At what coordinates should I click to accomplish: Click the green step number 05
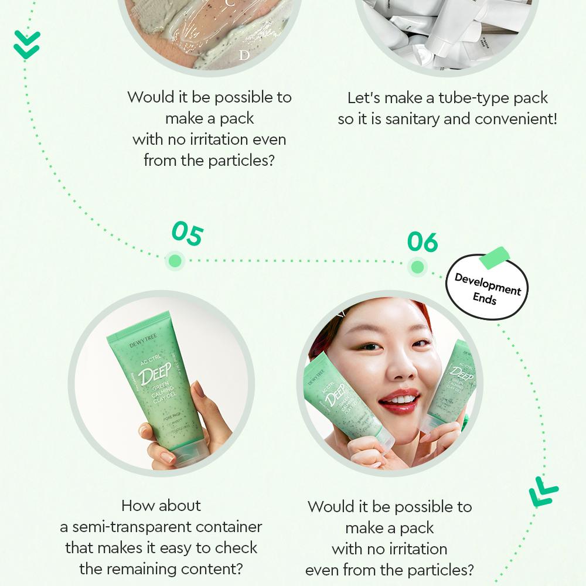coord(187,234)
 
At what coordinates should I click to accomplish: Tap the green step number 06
coord(423,241)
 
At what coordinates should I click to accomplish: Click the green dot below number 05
coord(174,261)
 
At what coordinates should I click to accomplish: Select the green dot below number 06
coord(417,268)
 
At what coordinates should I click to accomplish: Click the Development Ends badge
coord(488,287)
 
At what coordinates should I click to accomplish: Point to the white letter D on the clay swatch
coord(244,56)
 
